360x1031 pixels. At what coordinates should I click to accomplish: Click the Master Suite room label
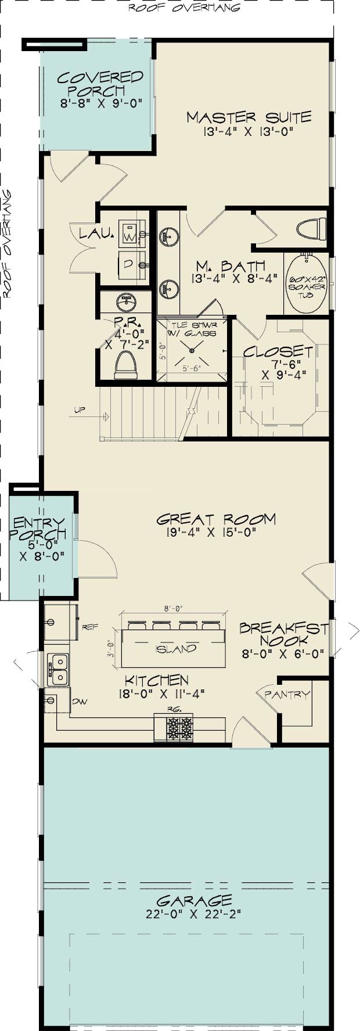click(249, 117)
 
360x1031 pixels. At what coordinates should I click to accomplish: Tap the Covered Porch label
click(100, 84)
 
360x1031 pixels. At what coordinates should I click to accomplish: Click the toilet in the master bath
click(311, 228)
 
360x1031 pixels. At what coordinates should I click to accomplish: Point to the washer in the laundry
click(131, 234)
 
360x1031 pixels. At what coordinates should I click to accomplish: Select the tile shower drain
click(192, 350)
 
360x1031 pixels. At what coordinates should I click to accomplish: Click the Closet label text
click(278, 351)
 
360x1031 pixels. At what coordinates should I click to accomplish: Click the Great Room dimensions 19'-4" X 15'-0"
click(206, 531)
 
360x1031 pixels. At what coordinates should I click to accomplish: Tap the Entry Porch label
click(39, 528)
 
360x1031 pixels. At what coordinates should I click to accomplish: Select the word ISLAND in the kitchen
click(176, 649)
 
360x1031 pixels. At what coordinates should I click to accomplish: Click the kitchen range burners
click(179, 727)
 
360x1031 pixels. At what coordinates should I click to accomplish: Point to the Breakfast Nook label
click(283, 634)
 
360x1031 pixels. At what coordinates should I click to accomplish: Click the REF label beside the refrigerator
click(90, 627)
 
